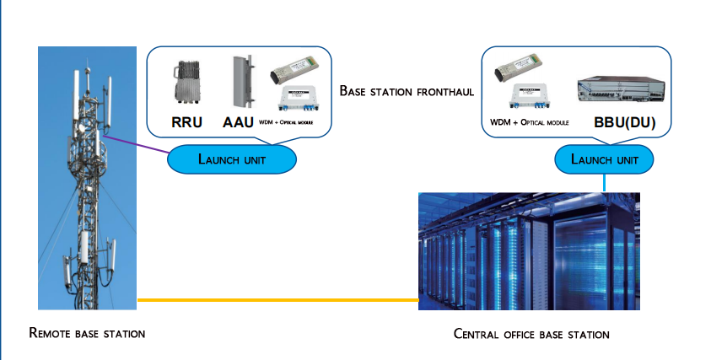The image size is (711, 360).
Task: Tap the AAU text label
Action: click(x=239, y=121)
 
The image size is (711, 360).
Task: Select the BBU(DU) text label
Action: click(x=624, y=122)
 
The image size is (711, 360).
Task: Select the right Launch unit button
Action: click(x=604, y=159)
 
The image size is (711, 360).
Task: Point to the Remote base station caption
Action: click(x=87, y=333)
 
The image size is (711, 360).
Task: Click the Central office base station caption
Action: click(x=531, y=334)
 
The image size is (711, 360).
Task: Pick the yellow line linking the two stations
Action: click(x=278, y=299)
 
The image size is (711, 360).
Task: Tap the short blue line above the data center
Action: click(x=604, y=183)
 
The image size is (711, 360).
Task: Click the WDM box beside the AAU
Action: click(x=294, y=99)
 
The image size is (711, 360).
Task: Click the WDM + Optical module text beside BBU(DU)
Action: click(x=529, y=123)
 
